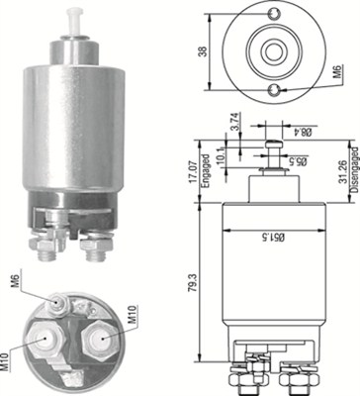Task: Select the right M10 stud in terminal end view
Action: click(98, 342)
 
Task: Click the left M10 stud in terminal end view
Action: click(45, 342)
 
